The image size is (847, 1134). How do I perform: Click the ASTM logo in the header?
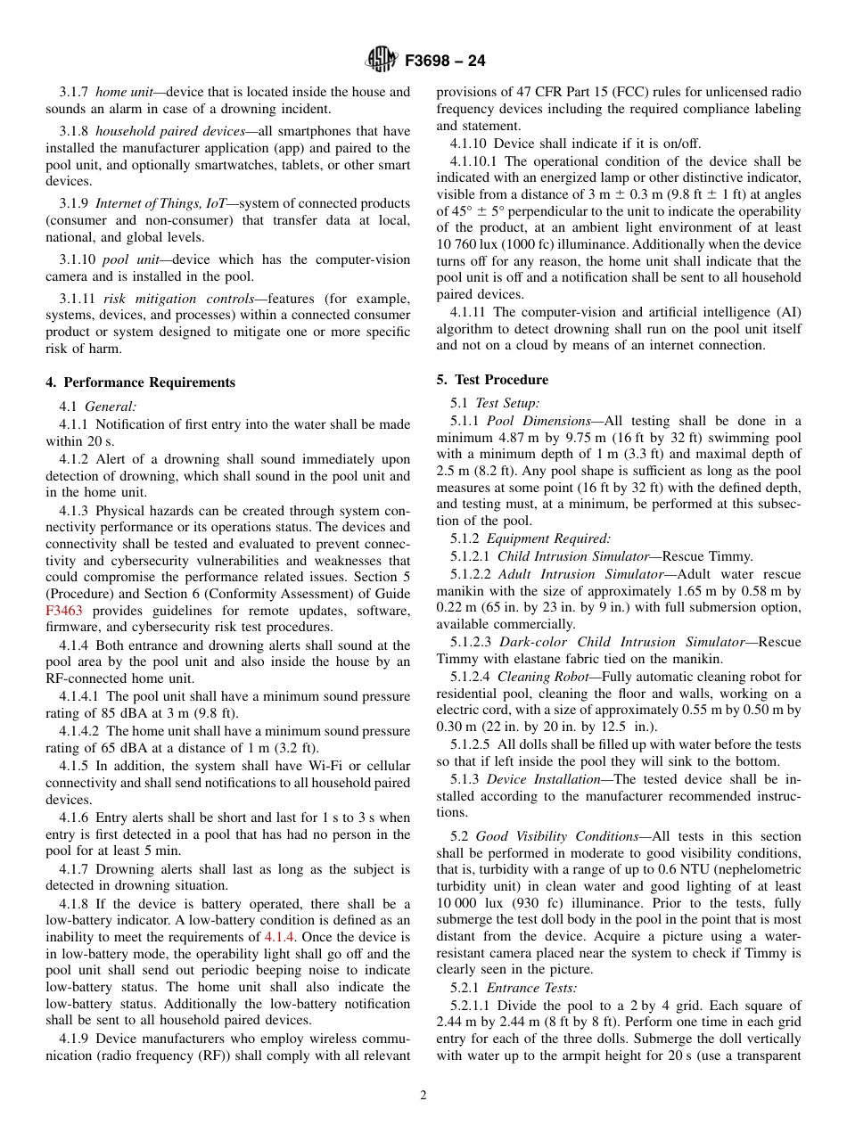tap(382, 61)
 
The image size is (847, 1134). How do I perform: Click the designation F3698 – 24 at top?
tap(444, 62)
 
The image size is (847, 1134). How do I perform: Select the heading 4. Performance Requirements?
tap(140, 382)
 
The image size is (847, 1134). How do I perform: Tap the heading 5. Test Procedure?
tap(492, 380)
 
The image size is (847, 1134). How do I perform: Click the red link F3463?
tap(62, 611)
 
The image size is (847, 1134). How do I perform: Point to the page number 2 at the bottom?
tap(423, 1096)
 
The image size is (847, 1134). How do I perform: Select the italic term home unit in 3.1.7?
tap(123, 92)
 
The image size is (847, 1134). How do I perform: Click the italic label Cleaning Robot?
tap(544, 677)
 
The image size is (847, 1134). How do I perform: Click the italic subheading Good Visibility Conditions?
tap(557, 836)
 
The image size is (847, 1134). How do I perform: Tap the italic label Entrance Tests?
tap(531, 988)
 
